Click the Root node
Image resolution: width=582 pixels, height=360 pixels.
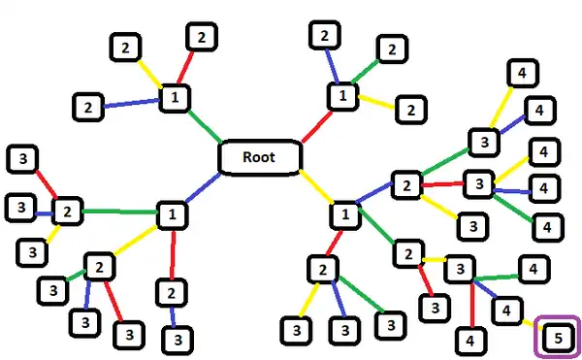tap(257, 156)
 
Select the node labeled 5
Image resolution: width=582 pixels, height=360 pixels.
tap(558, 337)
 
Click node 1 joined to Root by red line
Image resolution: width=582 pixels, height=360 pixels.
tap(341, 96)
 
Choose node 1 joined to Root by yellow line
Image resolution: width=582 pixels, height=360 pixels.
tap(341, 213)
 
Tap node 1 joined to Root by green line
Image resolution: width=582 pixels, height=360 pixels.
tap(175, 97)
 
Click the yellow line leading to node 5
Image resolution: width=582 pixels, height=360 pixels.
tap(530, 322)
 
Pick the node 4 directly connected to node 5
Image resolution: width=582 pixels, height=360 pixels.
tap(505, 310)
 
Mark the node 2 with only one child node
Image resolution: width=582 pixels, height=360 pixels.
tap(171, 291)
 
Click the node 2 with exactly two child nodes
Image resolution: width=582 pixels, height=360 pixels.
tap(408, 254)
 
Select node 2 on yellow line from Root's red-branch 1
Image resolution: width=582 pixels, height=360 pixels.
tap(410, 109)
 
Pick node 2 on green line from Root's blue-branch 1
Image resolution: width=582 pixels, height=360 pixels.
tap(66, 210)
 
